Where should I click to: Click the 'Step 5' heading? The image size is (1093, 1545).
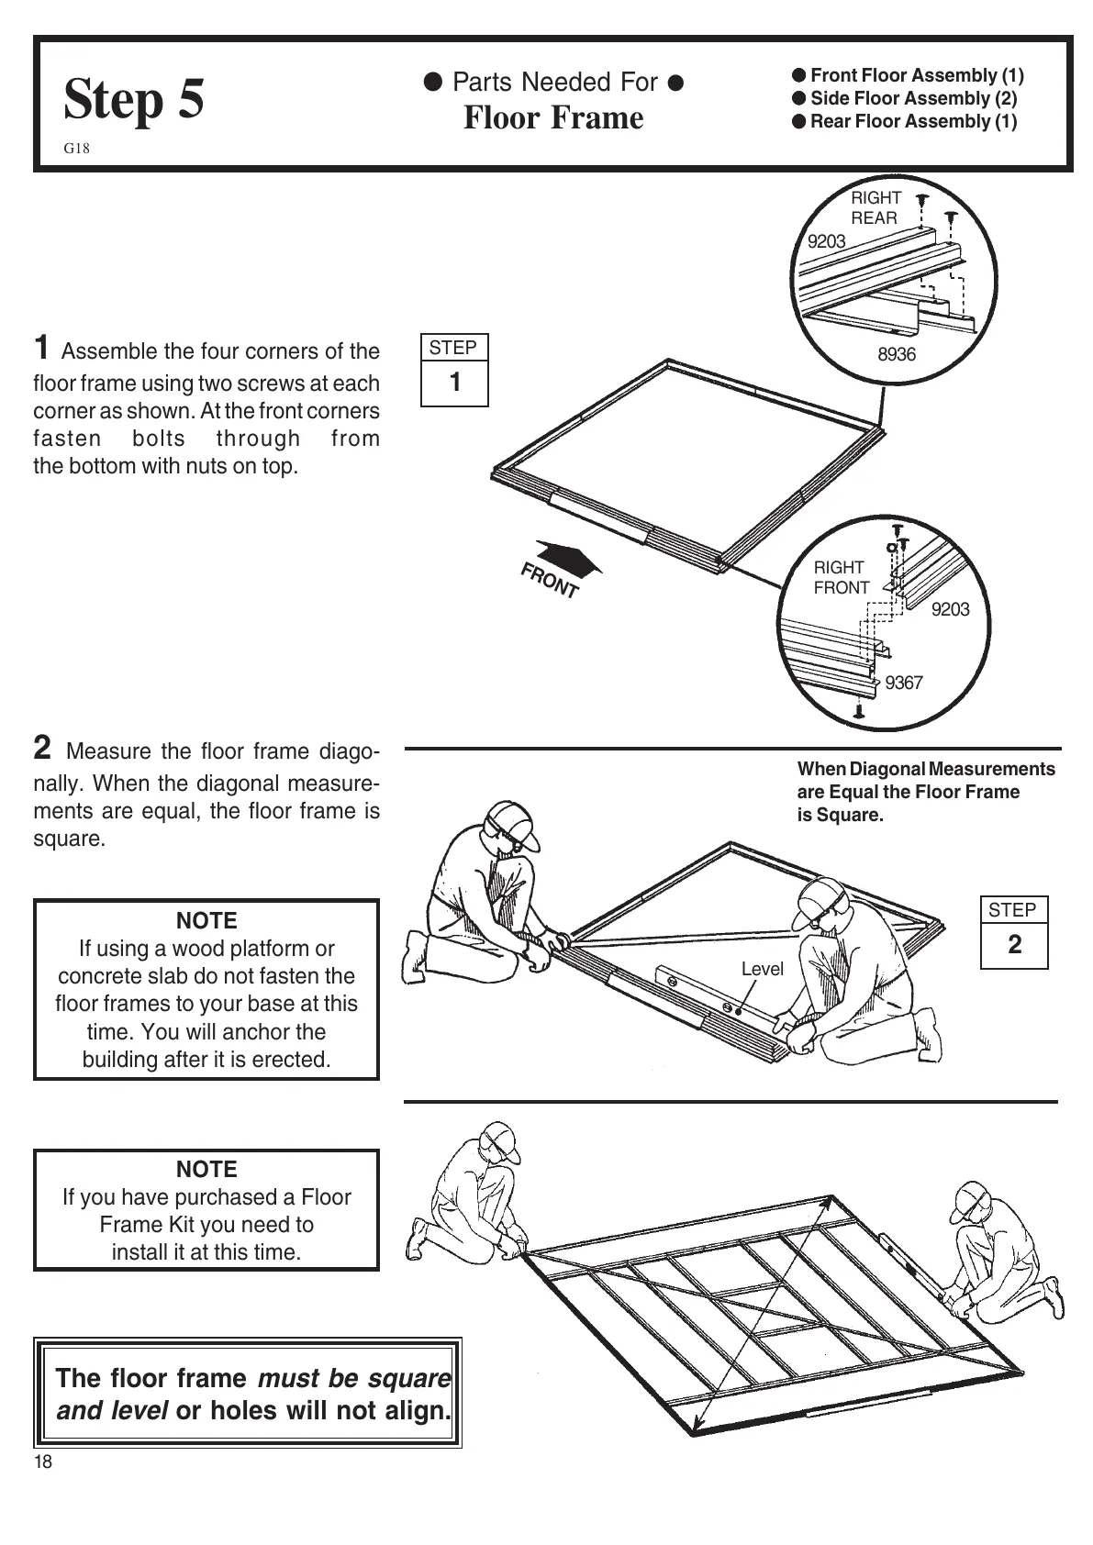click(134, 99)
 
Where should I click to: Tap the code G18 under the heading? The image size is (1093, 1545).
click(77, 149)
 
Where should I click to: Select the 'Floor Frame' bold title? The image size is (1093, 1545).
click(553, 118)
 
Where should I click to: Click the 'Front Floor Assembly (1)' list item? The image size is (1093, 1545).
click(916, 75)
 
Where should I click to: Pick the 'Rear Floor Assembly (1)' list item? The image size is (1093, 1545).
click(912, 121)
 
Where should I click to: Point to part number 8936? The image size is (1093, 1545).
click(897, 354)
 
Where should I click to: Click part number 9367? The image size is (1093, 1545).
click(903, 683)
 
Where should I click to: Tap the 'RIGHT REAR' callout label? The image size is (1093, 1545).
click(876, 208)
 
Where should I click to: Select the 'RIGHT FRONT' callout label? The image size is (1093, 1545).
click(841, 577)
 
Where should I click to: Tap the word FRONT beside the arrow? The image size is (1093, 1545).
click(550, 581)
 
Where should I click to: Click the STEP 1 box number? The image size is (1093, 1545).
click(455, 383)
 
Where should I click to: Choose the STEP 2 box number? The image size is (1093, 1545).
click(1014, 945)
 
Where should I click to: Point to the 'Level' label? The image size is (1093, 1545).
click(762, 969)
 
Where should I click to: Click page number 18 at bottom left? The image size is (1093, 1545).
click(43, 1462)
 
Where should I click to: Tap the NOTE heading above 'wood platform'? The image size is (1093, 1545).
click(206, 920)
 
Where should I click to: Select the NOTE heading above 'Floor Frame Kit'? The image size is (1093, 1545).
click(206, 1169)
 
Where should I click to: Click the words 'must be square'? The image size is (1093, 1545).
click(353, 1378)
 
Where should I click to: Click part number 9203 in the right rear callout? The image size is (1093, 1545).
click(826, 241)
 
